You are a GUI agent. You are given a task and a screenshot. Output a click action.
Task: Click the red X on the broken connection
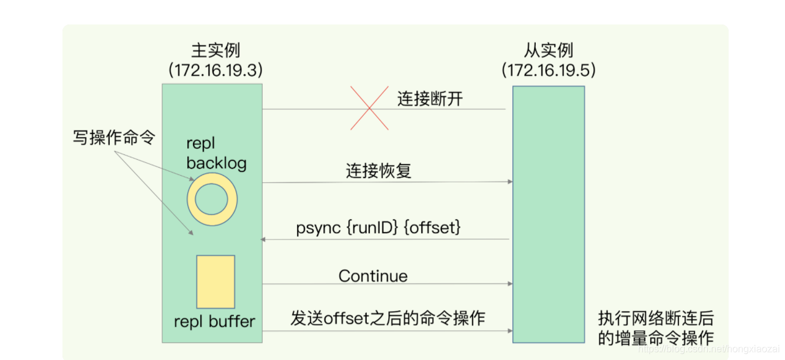[369, 108]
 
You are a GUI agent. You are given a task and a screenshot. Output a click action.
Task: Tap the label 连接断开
[430, 99]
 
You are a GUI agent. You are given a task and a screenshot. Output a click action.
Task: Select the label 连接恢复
[378, 170]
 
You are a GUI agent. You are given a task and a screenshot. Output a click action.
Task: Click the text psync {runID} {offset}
[378, 228]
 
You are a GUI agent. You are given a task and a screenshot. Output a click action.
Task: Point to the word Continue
[373, 276]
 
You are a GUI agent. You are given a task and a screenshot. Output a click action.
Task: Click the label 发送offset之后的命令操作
[388, 318]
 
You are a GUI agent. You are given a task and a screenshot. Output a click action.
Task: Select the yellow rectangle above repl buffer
[216, 282]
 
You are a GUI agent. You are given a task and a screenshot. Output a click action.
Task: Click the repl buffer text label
[214, 321]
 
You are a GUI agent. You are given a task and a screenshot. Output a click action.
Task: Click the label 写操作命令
[114, 138]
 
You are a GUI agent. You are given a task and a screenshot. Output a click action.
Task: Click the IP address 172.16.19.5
[549, 70]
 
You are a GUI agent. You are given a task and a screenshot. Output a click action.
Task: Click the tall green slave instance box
[549, 214]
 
